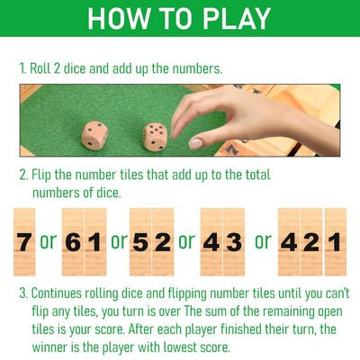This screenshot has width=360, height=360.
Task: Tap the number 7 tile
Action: click(x=24, y=241)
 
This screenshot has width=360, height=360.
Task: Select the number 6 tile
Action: click(x=72, y=241)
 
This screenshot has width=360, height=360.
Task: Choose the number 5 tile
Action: click(x=140, y=241)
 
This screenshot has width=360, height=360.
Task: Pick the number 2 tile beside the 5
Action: click(x=163, y=241)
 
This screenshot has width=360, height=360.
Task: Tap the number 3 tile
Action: click(x=233, y=241)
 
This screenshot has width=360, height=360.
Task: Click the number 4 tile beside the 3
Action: click(x=211, y=241)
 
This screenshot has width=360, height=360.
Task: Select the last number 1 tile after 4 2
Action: click(x=334, y=241)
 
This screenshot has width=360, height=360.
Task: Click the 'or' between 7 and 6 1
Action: click(x=48, y=241)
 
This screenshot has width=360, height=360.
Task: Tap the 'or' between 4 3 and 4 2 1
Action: click(x=262, y=241)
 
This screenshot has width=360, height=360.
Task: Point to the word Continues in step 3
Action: click(x=65, y=293)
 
